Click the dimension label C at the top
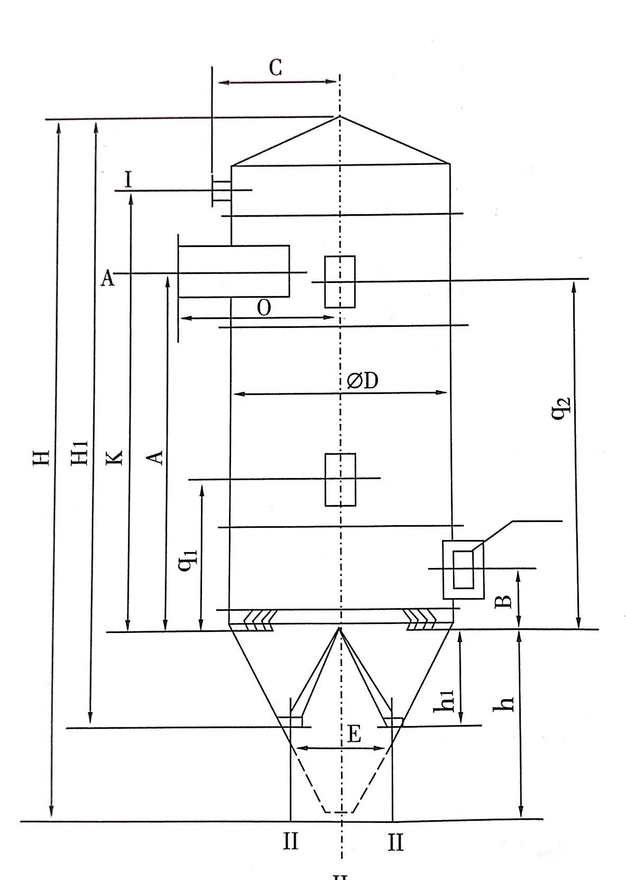[275, 68]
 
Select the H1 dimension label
[79, 454]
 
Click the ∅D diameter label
[363, 381]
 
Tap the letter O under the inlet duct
[264, 308]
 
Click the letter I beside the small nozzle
[128, 181]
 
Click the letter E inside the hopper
[354, 735]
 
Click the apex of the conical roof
[339, 116]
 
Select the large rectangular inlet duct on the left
[234, 271]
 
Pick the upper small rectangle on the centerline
[340, 281]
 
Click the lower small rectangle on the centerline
[340, 479]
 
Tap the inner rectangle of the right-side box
[464, 569]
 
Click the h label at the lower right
[507, 702]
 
